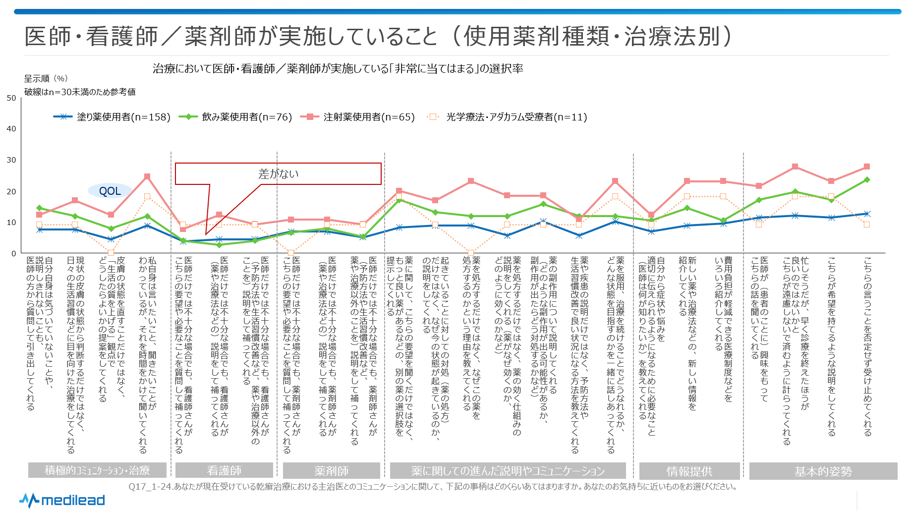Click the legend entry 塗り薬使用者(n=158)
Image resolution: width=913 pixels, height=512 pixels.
click(112, 117)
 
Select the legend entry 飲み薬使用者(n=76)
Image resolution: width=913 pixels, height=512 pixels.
click(235, 117)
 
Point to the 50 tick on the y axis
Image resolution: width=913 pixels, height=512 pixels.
click(11, 98)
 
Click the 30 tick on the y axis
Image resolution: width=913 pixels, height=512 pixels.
click(11, 160)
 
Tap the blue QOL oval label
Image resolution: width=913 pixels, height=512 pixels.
click(110, 191)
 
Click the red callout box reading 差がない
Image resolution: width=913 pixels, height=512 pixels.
click(278, 173)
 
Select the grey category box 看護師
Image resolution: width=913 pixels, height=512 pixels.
click(224, 470)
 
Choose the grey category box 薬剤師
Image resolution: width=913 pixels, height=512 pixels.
click(331, 470)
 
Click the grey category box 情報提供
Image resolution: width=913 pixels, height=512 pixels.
click(689, 471)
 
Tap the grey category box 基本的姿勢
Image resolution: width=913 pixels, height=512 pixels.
click(823, 471)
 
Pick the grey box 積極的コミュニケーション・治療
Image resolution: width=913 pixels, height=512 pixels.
click(97, 470)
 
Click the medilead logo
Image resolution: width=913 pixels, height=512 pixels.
click(62, 500)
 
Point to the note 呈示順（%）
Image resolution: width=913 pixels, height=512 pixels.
click(46, 78)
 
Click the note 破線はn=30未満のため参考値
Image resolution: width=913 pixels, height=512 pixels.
click(80, 92)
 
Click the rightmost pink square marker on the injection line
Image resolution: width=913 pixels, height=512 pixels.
click(867, 167)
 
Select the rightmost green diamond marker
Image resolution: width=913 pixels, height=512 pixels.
click(867, 179)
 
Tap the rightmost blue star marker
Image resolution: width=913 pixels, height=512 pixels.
click(867, 214)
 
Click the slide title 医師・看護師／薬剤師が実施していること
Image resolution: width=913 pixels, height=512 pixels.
click(231, 36)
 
